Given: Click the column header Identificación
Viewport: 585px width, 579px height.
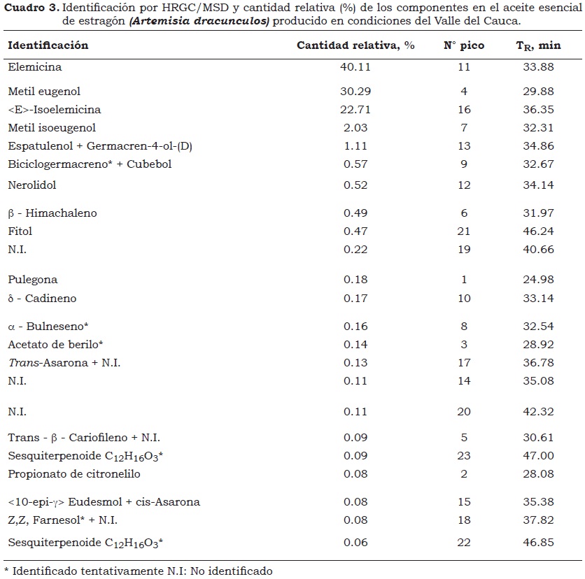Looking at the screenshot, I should [48, 45].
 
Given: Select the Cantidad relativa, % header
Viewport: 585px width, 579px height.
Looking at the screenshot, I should [355, 45].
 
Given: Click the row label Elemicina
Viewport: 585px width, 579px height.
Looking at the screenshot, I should [35, 67].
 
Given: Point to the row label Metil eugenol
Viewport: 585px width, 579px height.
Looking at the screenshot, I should [44, 91].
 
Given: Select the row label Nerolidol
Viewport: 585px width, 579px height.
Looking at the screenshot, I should [32, 185].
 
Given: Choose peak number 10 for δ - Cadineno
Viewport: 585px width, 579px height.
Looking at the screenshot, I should [463, 299].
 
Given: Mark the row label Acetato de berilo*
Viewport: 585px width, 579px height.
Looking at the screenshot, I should [56, 344].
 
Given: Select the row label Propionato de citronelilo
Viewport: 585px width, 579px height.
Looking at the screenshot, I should [74, 474].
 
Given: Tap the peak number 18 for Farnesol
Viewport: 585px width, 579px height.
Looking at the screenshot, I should [463, 520].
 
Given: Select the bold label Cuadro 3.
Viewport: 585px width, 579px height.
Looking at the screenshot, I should [31, 8].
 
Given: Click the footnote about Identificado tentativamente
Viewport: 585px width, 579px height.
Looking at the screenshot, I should [138, 571].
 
